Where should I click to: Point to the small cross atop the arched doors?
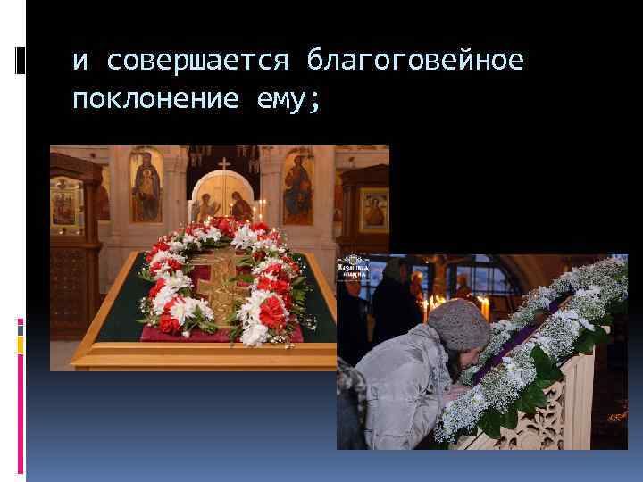[224, 163]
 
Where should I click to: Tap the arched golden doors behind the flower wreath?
[224, 201]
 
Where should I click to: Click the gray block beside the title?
[21, 61]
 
